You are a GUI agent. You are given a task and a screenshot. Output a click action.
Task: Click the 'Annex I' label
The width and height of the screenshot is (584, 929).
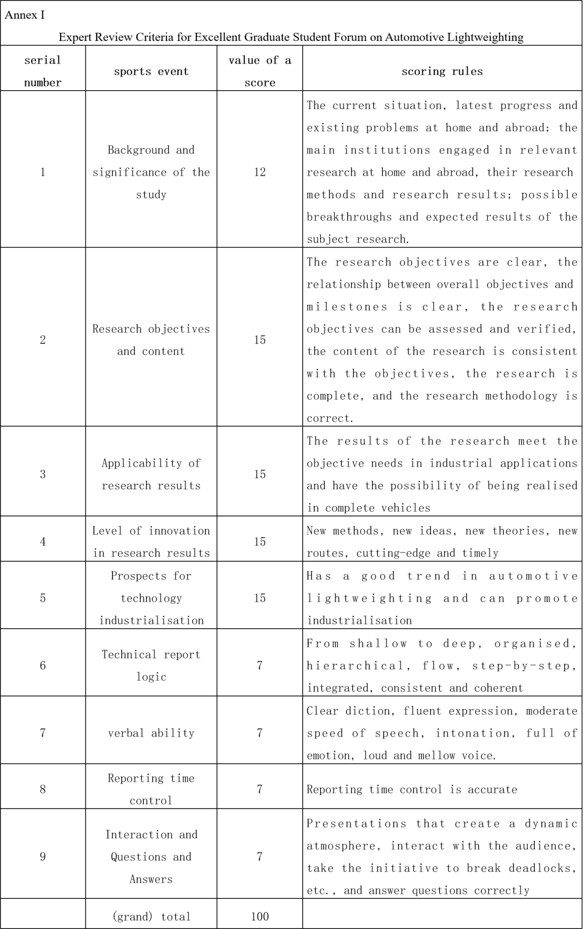pyautogui.click(x=24, y=15)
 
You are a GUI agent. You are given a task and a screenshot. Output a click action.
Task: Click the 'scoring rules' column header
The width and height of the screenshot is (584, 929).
pyautogui.click(x=442, y=71)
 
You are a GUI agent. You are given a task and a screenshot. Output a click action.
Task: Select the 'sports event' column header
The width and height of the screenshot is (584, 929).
pyautogui.click(x=151, y=71)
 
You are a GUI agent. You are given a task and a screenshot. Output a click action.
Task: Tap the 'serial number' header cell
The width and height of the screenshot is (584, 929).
pyautogui.click(x=43, y=71)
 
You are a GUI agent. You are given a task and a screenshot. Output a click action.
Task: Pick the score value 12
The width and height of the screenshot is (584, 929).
pyautogui.click(x=260, y=172)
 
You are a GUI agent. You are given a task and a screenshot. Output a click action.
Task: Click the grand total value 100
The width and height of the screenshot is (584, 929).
pyautogui.click(x=260, y=916)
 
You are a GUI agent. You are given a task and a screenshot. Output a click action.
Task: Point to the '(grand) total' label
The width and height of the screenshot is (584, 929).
pyautogui.click(x=151, y=916)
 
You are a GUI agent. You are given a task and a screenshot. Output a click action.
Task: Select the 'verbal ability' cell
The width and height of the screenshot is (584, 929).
pyautogui.click(x=151, y=733)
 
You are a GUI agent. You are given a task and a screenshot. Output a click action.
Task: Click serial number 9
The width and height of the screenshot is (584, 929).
pyautogui.click(x=43, y=856)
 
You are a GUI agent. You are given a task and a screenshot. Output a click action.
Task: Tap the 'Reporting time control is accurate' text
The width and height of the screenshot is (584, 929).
pyautogui.click(x=412, y=789)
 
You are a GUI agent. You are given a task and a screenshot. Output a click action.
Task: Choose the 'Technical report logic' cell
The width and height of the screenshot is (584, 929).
pyautogui.click(x=151, y=665)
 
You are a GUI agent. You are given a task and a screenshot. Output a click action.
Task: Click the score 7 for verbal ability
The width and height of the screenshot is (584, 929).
pyautogui.click(x=260, y=733)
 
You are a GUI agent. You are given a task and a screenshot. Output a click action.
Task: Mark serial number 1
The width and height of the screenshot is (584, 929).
pyautogui.click(x=43, y=172)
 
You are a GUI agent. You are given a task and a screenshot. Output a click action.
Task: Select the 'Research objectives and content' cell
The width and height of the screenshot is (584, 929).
pyautogui.click(x=151, y=340)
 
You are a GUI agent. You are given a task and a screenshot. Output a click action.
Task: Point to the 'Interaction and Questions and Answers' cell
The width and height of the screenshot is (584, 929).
pyautogui.click(x=151, y=857)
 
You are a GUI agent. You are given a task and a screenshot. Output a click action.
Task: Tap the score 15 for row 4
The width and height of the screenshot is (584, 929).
pyautogui.click(x=260, y=541)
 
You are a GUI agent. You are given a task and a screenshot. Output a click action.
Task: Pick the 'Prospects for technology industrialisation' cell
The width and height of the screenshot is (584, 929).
pyautogui.click(x=151, y=598)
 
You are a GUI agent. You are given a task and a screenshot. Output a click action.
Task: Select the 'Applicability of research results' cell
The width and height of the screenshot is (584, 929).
pyautogui.click(x=151, y=474)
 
